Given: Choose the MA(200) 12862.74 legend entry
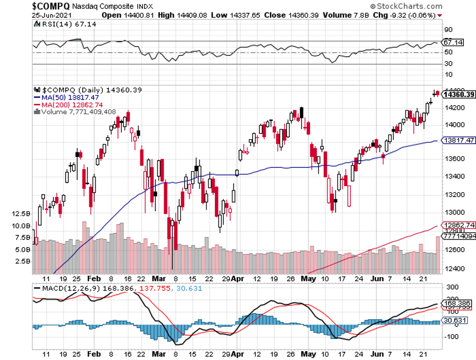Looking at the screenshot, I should point(72,104).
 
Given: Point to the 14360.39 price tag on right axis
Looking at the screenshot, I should point(460,94).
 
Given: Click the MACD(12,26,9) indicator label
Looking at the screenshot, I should point(60,288).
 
